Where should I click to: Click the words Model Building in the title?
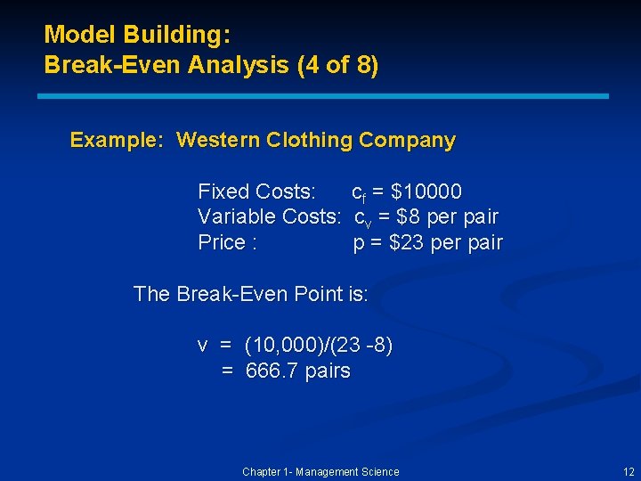[x=137, y=36]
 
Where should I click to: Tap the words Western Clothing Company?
[x=316, y=141]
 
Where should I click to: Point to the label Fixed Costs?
[x=256, y=192]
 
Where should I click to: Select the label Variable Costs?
[x=269, y=217]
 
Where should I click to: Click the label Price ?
[x=228, y=243]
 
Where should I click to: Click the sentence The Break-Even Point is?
[x=250, y=294]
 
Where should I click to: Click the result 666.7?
[x=272, y=371]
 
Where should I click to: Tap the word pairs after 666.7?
[x=328, y=371]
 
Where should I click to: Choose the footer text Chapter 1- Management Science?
[x=320, y=472]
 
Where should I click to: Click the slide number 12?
[x=629, y=472]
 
